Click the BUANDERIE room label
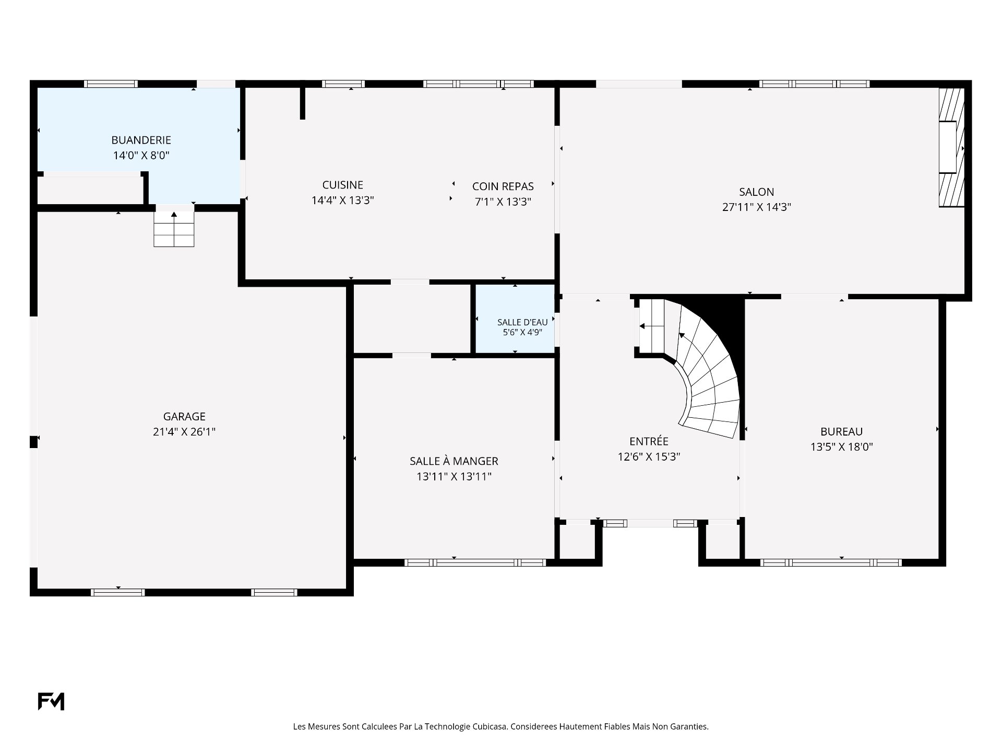(x=141, y=140)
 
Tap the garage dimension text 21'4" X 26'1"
(x=184, y=432)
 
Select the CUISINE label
(x=343, y=185)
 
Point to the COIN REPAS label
(x=503, y=186)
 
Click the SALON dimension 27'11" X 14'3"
(x=757, y=207)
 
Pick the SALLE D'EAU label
(x=522, y=322)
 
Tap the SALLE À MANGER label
(x=454, y=461)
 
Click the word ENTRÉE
(x=649, y=441)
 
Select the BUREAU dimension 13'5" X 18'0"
(x=842, y=447)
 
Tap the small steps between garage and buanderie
(x=174, y=229)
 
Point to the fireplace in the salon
(x=951, y=147)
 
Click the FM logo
(x=51, y=701)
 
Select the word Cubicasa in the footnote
(x=490, y=726)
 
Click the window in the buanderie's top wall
(x=111, y=84)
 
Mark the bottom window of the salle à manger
(x=475, y=562)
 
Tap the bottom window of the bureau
(x=831, y=562)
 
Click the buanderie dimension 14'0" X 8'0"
(x=141, y=156)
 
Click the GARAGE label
(x=184, y=417)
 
